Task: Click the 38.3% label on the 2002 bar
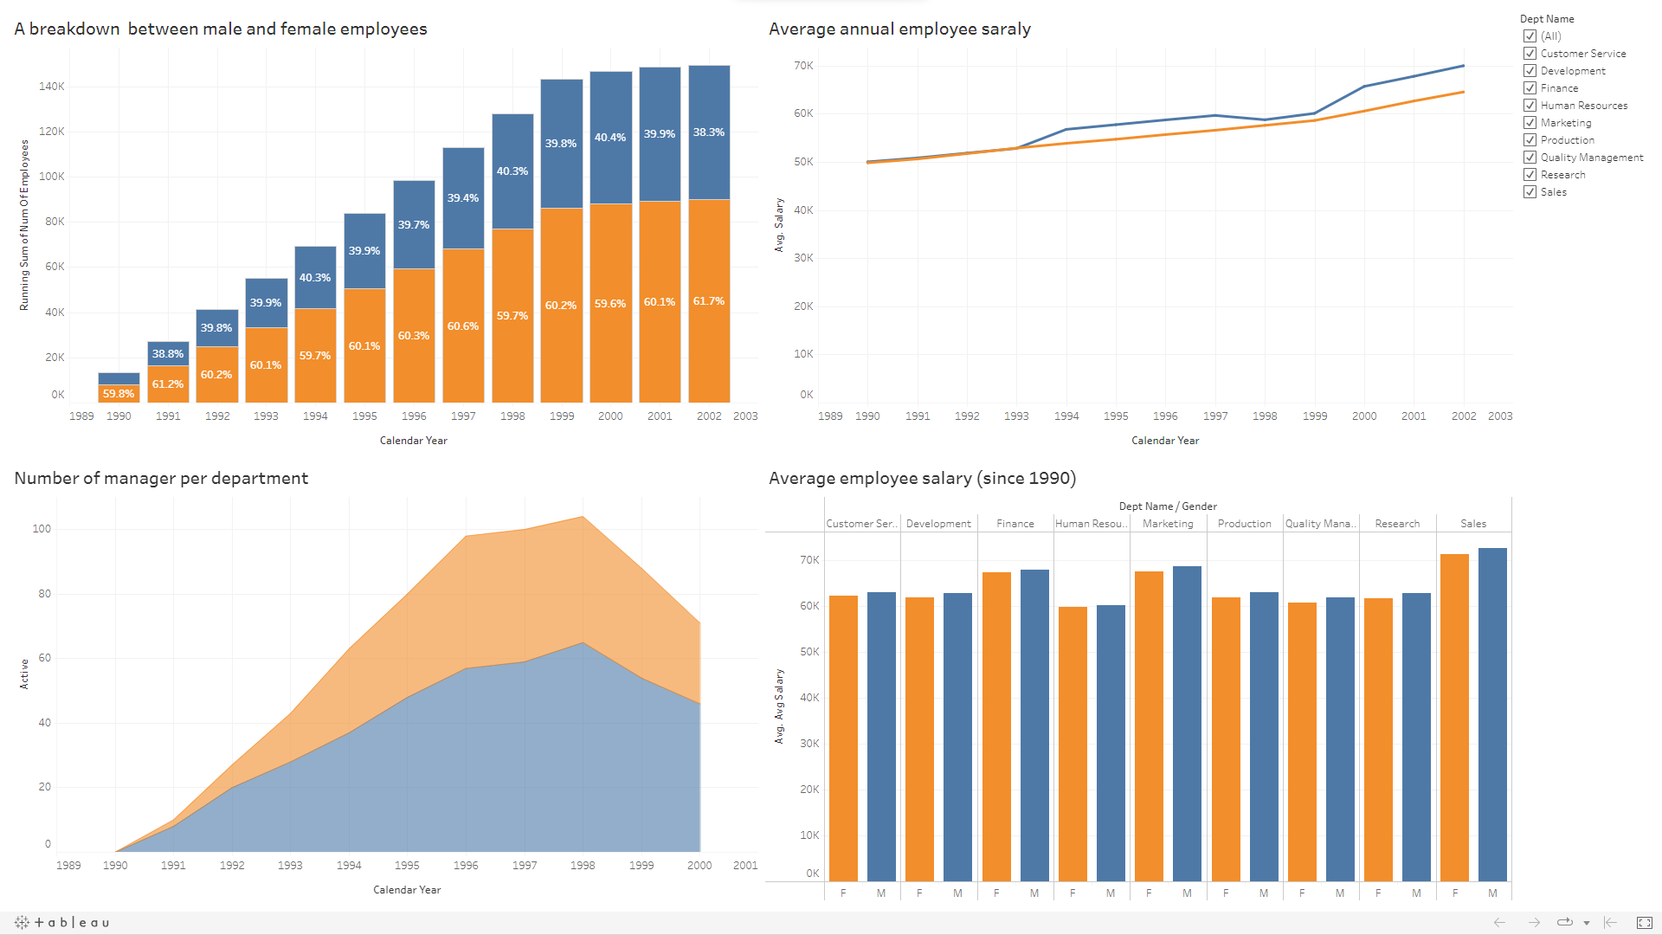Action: coord(708,132)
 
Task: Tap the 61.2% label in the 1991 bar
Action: coord(167,384)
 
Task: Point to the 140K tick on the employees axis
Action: coord(52,87)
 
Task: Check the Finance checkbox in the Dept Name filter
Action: coord(1530,88)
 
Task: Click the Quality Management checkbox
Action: coord(1530,158)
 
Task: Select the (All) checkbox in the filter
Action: coord(1530,36)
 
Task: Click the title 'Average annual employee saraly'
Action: coord(899,29)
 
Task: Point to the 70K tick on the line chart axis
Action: coord(803,66)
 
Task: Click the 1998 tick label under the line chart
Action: coord(1264,416)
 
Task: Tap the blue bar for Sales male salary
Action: coord(1492,714)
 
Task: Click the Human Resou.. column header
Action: coord(1091,524)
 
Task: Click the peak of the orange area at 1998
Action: coord(583,519)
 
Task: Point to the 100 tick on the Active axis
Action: coord(42,529)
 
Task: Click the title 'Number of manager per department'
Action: coord(161,479)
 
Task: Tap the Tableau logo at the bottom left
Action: coord(62,923)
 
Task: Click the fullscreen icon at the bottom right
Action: coord(1644,923)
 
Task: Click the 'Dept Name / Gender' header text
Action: coord(1167,506)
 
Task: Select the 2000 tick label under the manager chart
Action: coord(699,866)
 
